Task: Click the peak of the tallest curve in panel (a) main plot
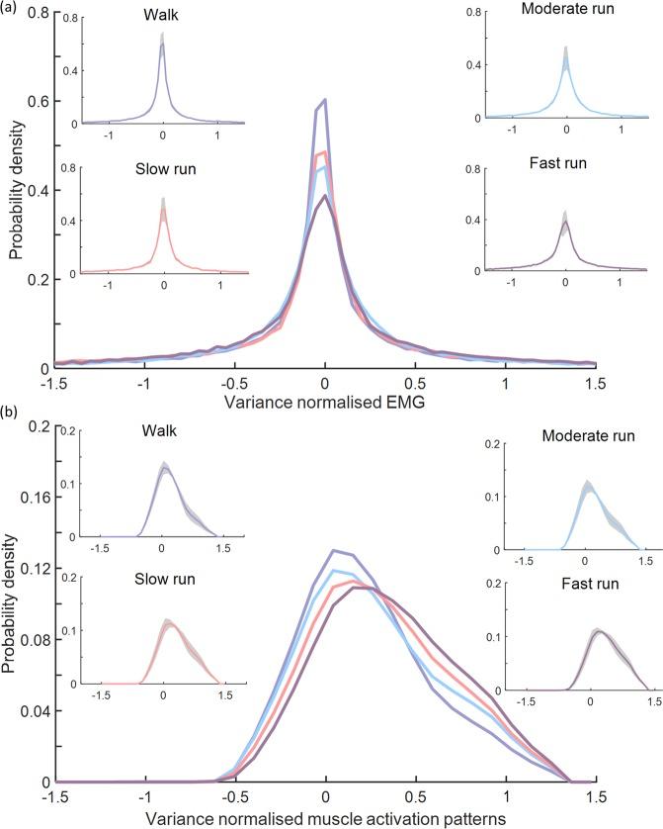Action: coord(323,99)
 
